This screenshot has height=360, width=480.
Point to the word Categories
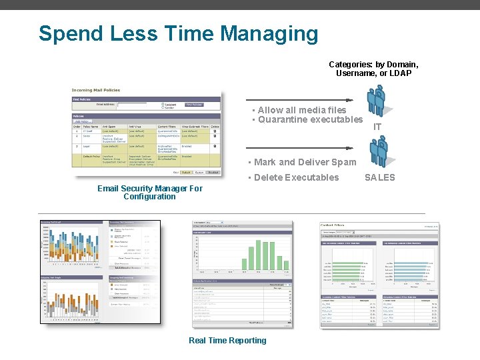click(x=351, y=65)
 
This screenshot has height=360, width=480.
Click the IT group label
click(x=377, y=127)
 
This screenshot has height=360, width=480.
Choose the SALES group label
click(x=379, y=177)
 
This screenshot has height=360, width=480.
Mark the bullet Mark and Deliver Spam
click(x=301, y=162)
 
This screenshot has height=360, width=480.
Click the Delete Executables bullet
click(x=296, y=177)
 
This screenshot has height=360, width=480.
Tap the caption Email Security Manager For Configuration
click(x=149, y=193)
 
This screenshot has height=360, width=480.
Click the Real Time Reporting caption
click(x=227, y=341)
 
